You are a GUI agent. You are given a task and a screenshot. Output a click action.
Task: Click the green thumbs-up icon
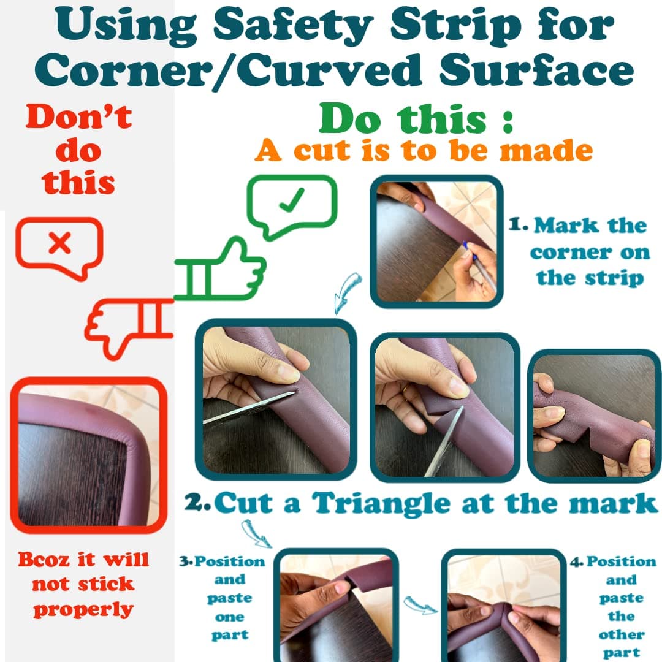pos(219,270)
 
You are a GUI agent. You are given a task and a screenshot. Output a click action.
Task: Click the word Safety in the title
pos(293,26)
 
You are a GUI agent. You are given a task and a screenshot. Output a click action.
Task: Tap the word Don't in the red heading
pos(78,116)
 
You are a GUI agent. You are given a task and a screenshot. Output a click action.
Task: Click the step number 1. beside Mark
pos(518,224)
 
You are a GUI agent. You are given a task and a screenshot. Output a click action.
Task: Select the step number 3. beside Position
pos(186,561)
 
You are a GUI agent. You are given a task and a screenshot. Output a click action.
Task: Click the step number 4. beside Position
pos(577,561)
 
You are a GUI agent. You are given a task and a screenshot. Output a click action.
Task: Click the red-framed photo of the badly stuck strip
pos(89,455)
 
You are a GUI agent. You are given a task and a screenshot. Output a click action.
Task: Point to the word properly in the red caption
pos(83,610)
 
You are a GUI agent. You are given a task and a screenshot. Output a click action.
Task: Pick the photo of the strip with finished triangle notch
pos(595,416)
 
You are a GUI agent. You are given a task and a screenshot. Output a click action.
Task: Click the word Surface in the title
pos(536,69)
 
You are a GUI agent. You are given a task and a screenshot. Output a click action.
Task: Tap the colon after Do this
pos(508,121)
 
